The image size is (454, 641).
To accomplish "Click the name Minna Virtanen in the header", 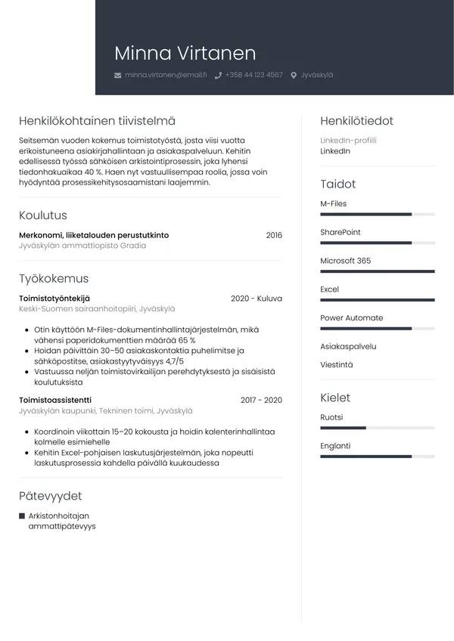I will tap(185, 53).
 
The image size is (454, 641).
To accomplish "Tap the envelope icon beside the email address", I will tap(117, 76).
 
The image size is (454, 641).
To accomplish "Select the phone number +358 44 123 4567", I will tap(253, 76).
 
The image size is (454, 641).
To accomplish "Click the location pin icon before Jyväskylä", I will tap(294, 76).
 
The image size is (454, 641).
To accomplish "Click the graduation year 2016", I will tap(273, 235).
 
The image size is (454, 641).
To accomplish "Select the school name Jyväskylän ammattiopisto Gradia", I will tap(82, 246).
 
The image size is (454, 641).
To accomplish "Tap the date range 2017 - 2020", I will tap(261, 400).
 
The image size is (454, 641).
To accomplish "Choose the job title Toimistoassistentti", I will tap(55, 400).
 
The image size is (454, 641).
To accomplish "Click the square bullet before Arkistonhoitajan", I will tap(22, 516).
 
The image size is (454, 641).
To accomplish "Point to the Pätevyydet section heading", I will tap(50, 496).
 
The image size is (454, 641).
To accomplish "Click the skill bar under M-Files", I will tap(377, 215).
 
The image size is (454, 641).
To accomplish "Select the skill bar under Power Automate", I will tap(377, 329).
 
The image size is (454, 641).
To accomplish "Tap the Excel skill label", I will tap(329, 290).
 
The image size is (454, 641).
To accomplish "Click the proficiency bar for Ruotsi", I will tap(377, 428).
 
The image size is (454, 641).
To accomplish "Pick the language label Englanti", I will tap(335, 446).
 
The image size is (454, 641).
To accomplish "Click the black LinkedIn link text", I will tap(335, 151).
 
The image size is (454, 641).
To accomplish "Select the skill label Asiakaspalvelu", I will tap(348, 346).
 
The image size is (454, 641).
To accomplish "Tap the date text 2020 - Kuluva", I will tap(256, 299).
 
